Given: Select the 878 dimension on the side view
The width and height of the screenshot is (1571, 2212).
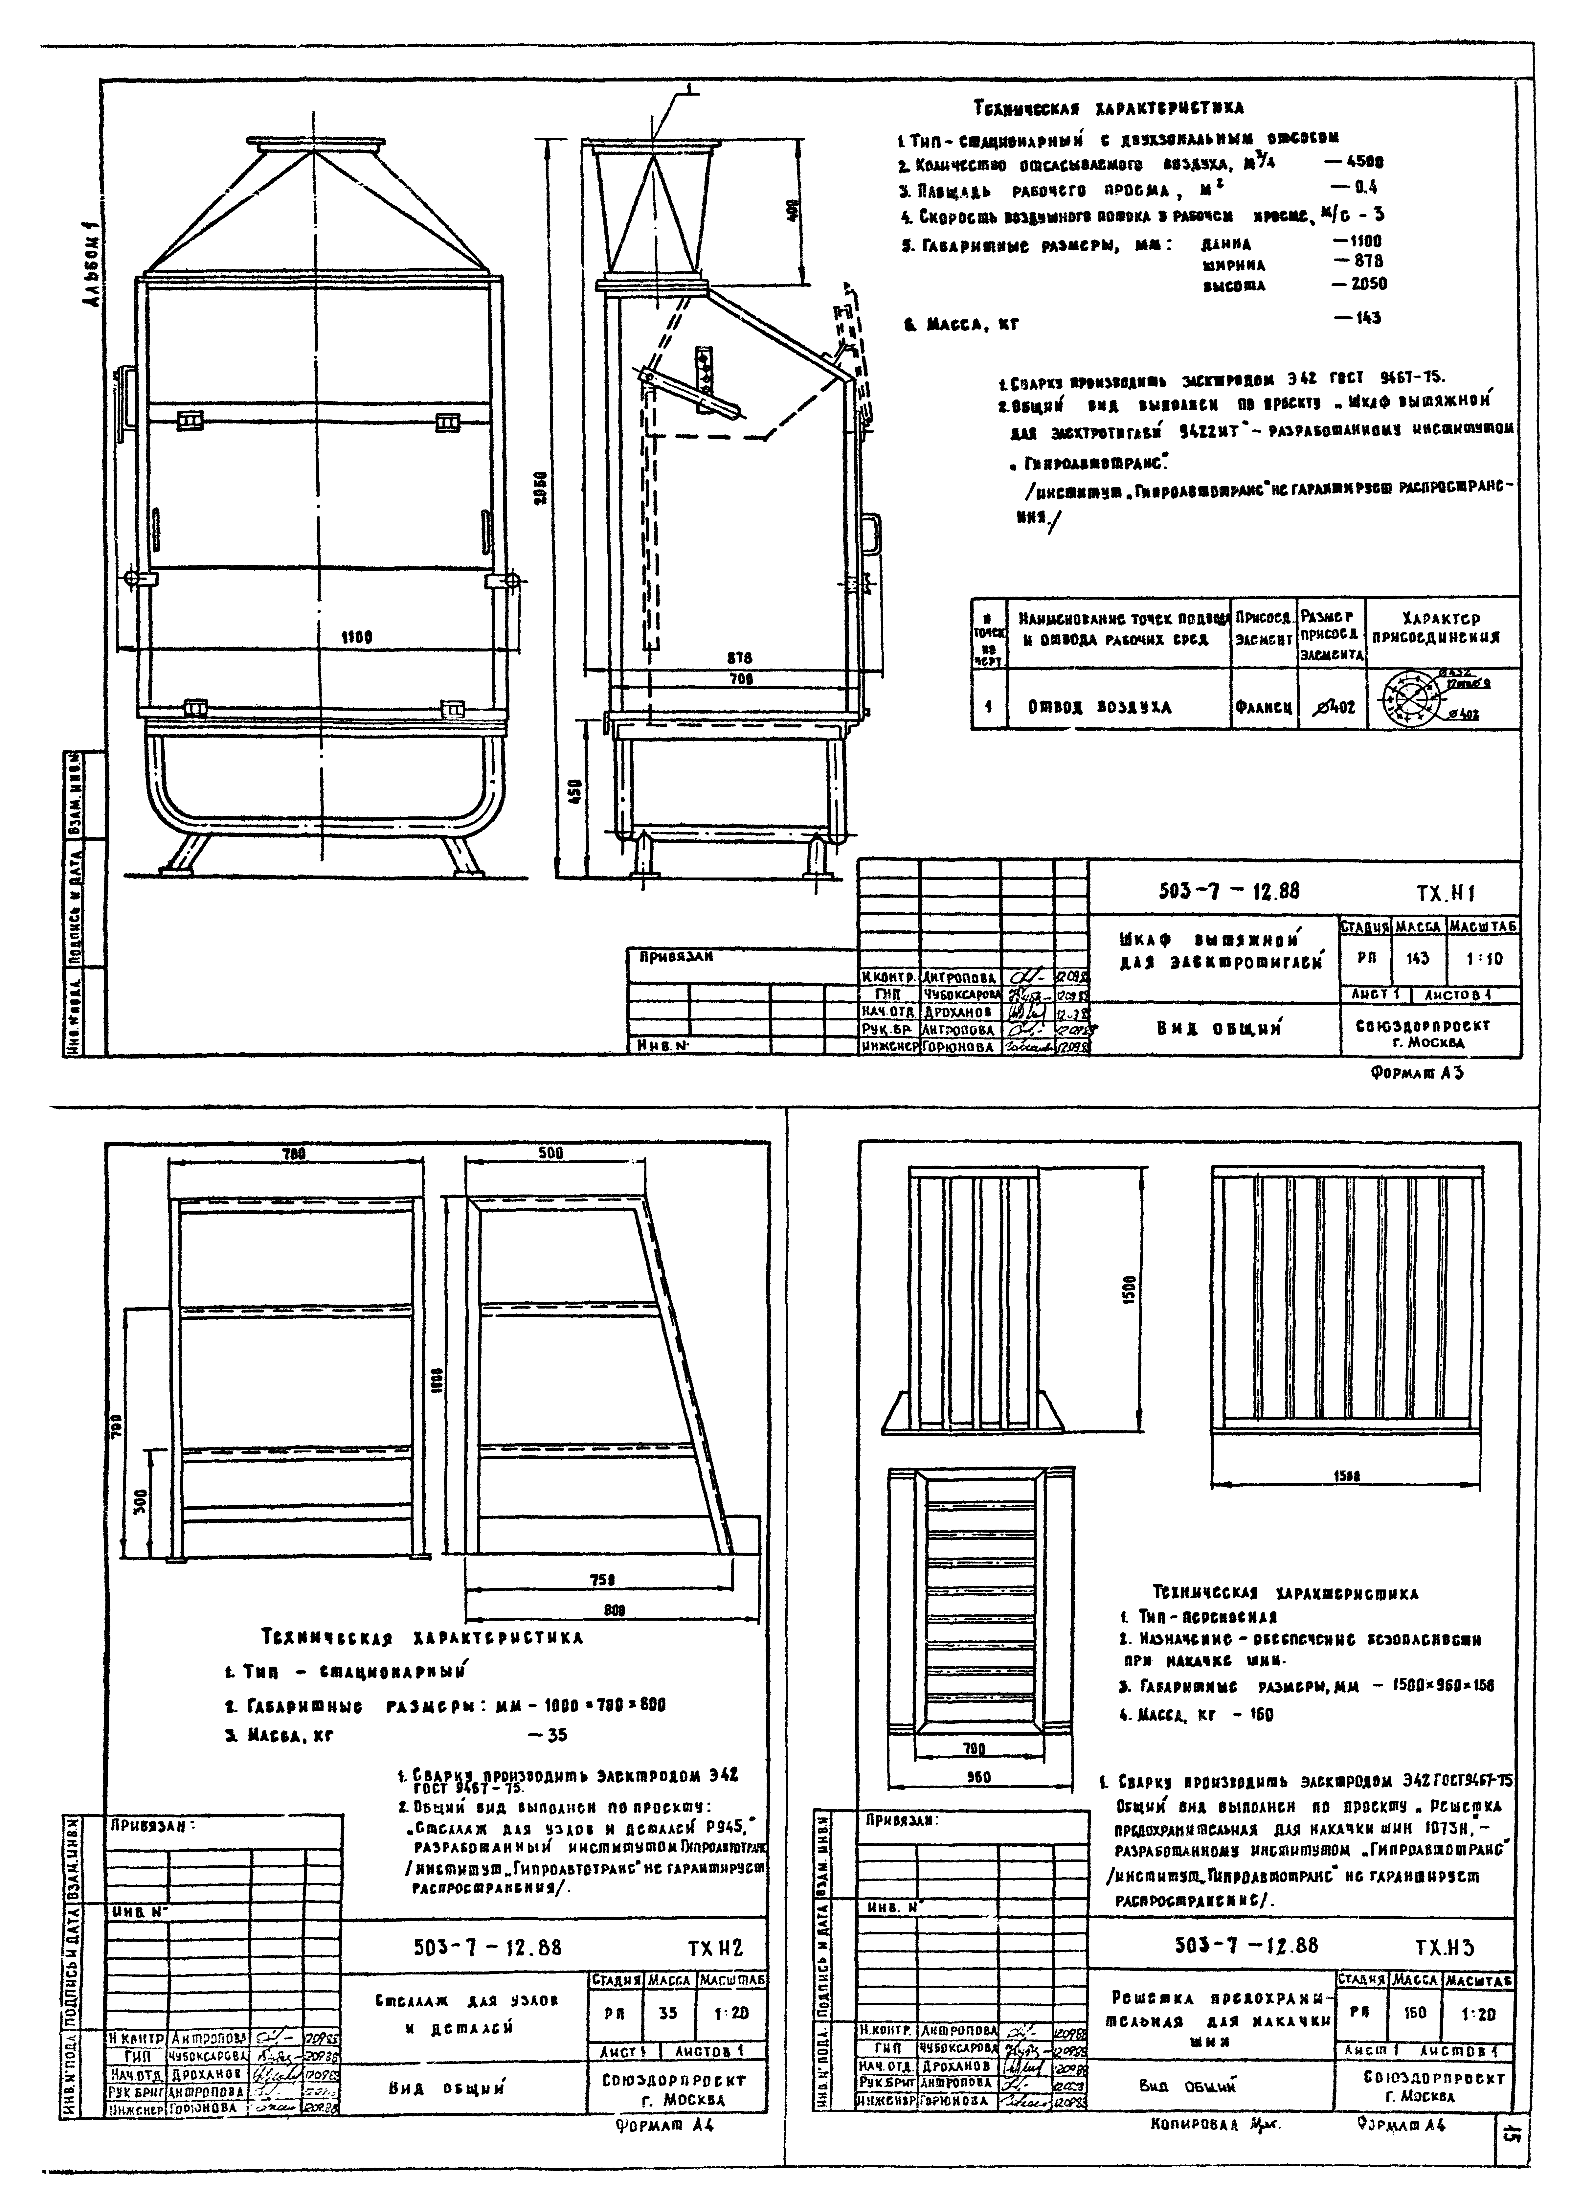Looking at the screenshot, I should click(x=740, y=658).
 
